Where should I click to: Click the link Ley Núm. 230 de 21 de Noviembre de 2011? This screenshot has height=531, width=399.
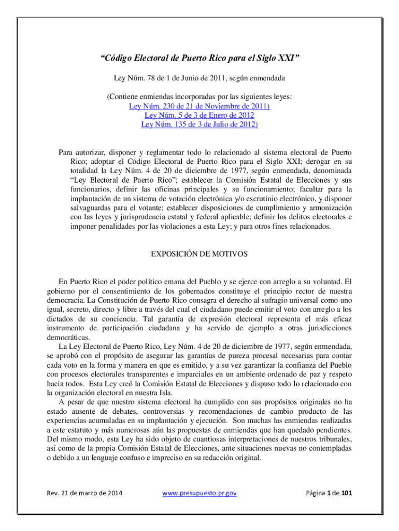(x=199, y=106)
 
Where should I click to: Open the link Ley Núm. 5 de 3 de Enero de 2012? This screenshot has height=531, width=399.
(x=199, y=115)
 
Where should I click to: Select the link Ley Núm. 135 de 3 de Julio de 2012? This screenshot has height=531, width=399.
(x=199, y=124)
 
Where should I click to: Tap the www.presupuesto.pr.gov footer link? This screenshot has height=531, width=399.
(x=199, y=493)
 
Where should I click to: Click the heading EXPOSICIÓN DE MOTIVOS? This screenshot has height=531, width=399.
(x=199, y=254)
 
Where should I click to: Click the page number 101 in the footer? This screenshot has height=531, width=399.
(x=346, y=493)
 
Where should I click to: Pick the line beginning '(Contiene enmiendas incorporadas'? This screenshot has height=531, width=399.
(x=199, y=96)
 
